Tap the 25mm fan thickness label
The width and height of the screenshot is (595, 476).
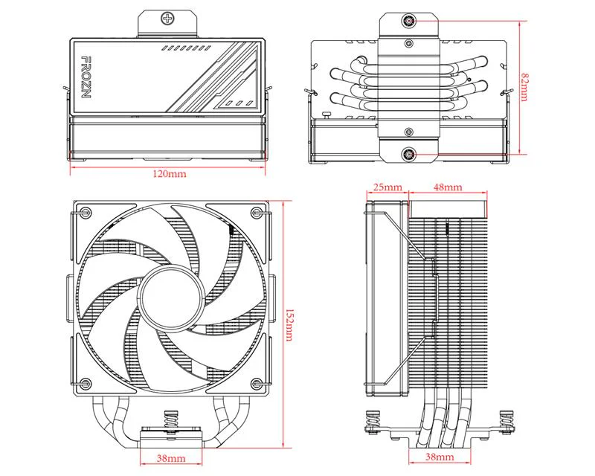point(387,187)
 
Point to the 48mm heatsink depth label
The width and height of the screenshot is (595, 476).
point(448,187)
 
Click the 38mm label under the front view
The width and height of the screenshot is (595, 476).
point(171,457)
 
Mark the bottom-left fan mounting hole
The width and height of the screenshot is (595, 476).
point(86,383)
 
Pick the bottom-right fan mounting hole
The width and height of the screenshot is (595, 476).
point(257,383)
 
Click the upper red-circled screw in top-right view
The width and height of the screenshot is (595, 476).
point(408,21)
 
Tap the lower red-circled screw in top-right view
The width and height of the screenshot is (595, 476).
point(408,155)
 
